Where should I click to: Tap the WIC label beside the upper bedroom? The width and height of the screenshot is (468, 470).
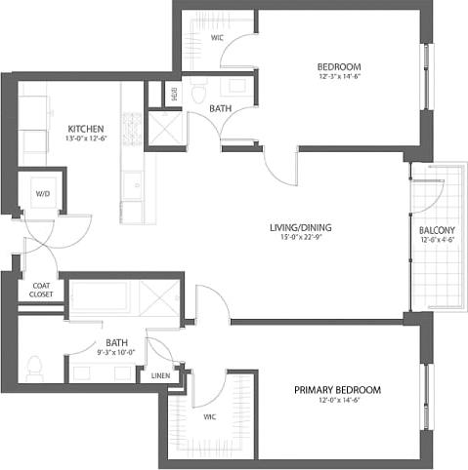point(218,39)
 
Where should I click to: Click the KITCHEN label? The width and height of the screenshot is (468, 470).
point(86,129)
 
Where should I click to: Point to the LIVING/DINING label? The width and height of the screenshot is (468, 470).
point(301,228)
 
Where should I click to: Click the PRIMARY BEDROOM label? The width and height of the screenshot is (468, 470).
point(337,390)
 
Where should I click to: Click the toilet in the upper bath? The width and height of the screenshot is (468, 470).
point(197,94)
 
